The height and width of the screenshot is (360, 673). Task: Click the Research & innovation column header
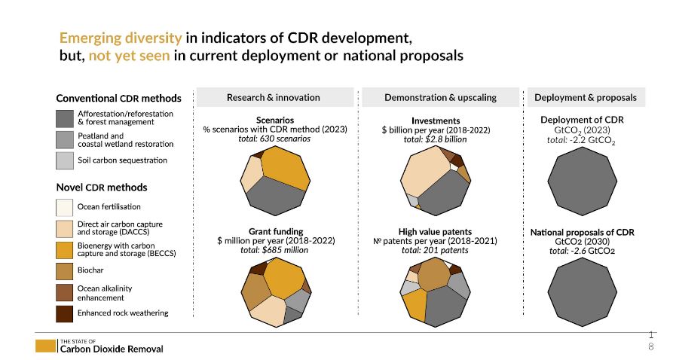tap(274, 97)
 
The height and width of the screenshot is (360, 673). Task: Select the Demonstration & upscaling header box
tap(440, 97)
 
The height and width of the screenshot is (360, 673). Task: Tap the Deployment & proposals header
tap(586, 97)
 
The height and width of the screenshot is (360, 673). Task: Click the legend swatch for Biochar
tap(65, 270)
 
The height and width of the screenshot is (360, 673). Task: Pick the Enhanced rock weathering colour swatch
tap(65, 313)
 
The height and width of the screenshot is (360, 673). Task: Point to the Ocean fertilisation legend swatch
tap(65, 206)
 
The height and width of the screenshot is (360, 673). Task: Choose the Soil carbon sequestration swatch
tap(65, 160)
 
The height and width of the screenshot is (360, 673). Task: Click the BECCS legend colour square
tap(65, 249)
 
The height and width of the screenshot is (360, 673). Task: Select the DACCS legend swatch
tap(65, 228)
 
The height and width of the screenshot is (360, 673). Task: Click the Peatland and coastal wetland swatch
tap(65, 139)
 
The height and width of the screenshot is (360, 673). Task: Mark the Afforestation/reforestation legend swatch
tap(65, 118)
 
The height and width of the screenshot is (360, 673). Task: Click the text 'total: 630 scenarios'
tap(274, 139)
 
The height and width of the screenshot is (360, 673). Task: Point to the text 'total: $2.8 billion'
tap(435, 139)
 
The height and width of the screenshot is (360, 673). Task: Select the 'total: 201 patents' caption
tap(435, 250)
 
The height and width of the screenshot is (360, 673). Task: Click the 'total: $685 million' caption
tap(275, 250)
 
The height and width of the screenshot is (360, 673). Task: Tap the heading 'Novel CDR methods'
tap(102, 188)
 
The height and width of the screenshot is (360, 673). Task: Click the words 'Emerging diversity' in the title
tap(120, 38)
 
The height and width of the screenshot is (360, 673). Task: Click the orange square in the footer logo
tap(45, 346)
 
